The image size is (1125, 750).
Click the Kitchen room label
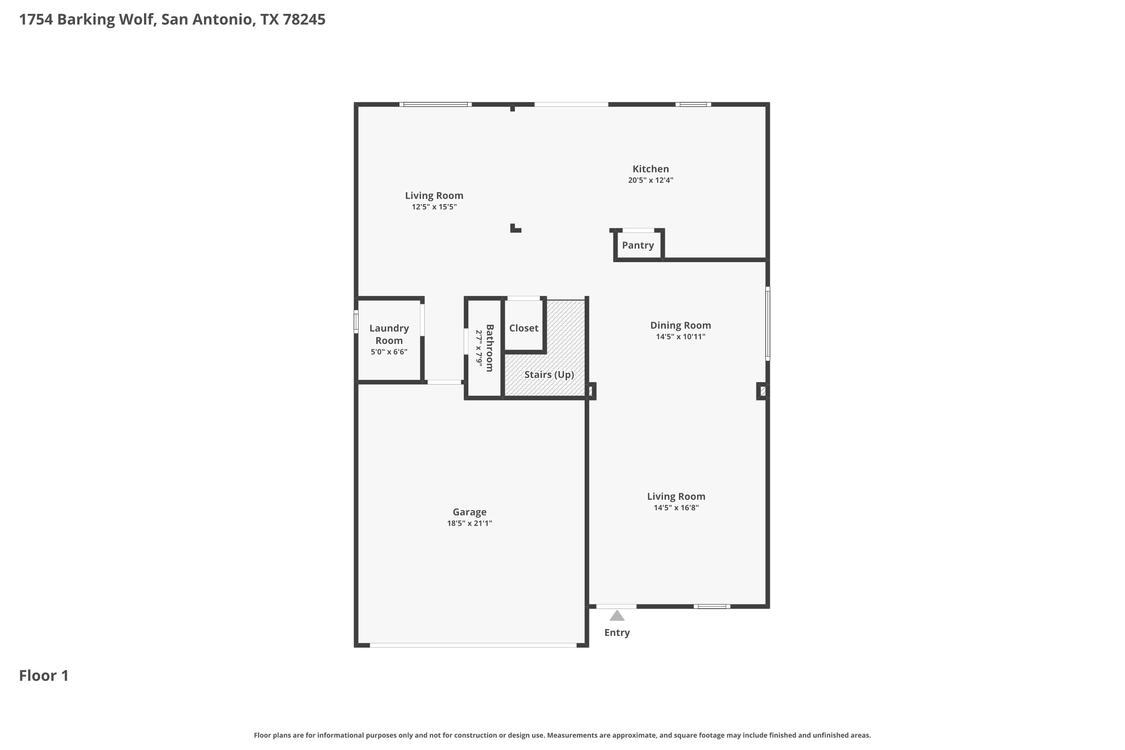pos(651,169)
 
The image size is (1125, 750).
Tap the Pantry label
pos(637,245)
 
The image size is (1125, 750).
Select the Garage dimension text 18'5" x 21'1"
pos(469,523)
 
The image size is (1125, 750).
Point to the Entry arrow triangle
pos(616,616)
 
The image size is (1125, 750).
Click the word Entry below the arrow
pos(617,633)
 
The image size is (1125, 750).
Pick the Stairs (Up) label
pos(549,375)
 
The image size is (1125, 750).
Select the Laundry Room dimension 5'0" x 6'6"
pos(389,352)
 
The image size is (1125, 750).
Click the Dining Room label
pos(680,325)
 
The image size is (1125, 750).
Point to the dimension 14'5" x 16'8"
pos(676,508)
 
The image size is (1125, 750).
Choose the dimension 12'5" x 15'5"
pos(434,207)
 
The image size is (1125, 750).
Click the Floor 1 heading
pos(43,675)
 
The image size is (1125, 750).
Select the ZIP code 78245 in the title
pos(304,19)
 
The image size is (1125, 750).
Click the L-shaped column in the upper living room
pos(514,229)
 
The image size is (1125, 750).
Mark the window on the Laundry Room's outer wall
pos(356,321)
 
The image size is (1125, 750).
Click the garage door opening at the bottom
pos(473,645)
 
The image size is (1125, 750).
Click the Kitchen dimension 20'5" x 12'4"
pos(651,180)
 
